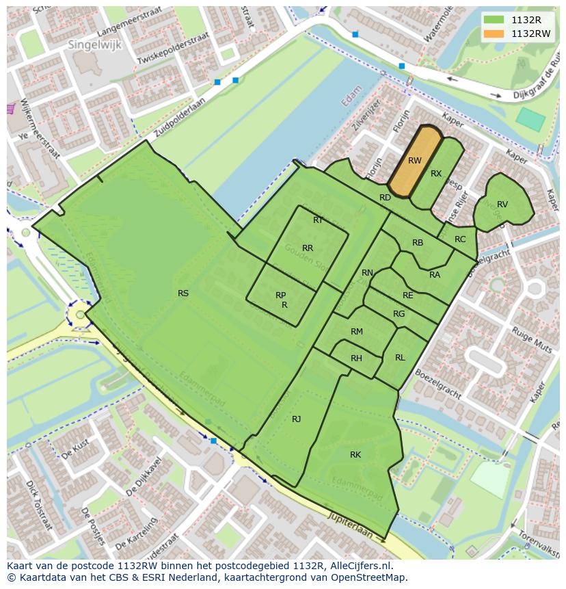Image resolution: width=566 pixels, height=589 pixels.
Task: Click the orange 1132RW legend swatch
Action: [x=494, y=33]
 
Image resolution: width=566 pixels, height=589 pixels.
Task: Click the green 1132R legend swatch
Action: [x=494, y=20]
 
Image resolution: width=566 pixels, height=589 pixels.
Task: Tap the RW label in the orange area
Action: [x=414, y=161]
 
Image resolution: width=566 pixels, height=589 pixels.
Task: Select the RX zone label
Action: [x=436, y=174]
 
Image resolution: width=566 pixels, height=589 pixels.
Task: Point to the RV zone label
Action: [x=502, y=205]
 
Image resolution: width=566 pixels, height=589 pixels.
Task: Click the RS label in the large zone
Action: [x=183, y=293]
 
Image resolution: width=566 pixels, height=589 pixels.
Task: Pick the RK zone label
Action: [x=355, y=455]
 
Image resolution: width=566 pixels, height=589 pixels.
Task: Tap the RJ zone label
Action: [x=297, y=419]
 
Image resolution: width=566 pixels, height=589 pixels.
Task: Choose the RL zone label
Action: [x=400, y=358]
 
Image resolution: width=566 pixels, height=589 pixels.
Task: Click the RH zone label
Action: [x=356, y=358]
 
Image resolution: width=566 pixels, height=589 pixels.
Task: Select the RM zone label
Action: [x=356, y=332]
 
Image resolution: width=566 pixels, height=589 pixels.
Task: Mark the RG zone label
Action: [x=399, y=314]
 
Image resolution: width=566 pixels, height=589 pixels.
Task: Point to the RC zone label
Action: [x=460, y=239]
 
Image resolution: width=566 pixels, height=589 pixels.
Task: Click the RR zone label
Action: [x=308, y=248]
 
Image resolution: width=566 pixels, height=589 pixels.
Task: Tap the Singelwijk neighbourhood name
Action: [x=91, y=44]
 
